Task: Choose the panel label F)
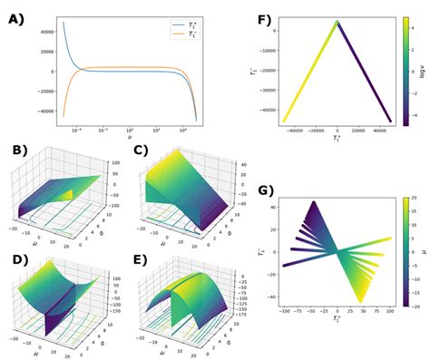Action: tap(270, 19)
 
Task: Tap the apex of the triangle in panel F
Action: tap(337, 22)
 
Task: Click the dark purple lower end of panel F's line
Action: tap(391, 121)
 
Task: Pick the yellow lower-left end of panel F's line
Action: tap(284, 121)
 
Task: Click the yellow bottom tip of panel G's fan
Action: tap(361, 302)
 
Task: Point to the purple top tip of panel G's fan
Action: tap(314, 202)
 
